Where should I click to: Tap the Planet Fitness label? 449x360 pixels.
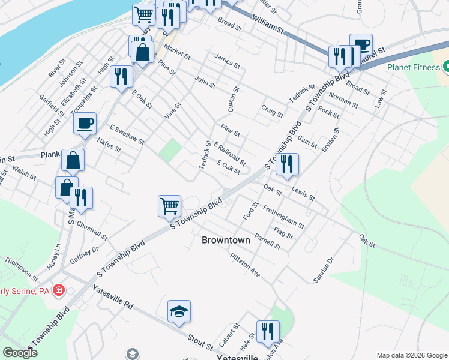click(x=414, y=67)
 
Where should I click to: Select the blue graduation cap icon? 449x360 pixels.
click(x=179, y=311)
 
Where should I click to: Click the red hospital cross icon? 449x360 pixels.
click(x=58, y=291)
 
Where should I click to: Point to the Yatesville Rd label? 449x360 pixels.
click(x=113, y=296)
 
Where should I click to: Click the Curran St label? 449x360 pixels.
click(x=234, y=98)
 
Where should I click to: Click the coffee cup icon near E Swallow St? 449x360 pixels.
click(x=85, y=123)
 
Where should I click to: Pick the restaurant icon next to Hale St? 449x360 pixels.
click(x=268, y=331)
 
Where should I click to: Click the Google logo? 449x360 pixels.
click(x=20, y=353)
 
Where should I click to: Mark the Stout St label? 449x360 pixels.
click(x=200, y=340)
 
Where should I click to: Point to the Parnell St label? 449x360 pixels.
click(x=267, y=241)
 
